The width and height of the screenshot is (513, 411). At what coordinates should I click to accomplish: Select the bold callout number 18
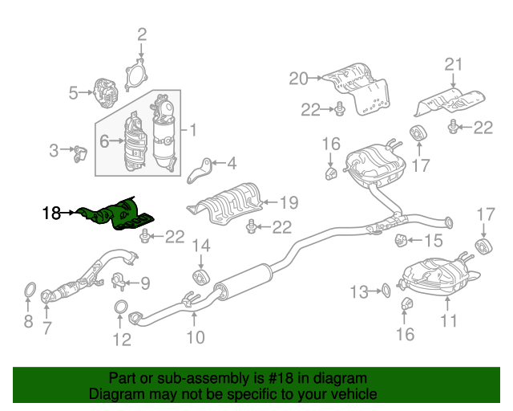[x=51, y=213]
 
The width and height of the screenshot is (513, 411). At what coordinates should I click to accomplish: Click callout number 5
[x=73, y=93]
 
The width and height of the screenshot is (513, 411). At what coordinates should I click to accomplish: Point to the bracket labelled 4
[x=200, y=170]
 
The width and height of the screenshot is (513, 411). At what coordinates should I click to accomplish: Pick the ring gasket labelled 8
[x=30, y=291]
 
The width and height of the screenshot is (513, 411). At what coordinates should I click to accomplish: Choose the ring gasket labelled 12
[x=121, y=307]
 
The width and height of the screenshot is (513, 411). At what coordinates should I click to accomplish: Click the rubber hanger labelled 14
[x=200, y=278]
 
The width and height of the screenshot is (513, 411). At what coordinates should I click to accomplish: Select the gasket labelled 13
[x=386, y=291]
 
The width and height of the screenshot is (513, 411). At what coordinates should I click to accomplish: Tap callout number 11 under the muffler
[x=449, y=320]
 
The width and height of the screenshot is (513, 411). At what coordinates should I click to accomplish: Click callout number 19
[x=289, y=202]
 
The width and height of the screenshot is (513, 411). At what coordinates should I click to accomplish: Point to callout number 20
[x=298, y=79]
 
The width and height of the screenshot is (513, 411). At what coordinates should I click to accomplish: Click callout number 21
[x=453, y=64]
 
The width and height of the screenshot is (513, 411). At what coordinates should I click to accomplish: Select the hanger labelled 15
[x=401, y=240]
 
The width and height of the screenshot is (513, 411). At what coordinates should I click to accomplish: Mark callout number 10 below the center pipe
[x=196, y=337]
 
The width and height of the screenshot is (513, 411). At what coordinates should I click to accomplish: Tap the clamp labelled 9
[x=119, y=281]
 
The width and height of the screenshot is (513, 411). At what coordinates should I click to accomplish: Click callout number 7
[x=46, y=328]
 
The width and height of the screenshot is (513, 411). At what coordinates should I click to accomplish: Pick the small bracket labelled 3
[x=80, y=153]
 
